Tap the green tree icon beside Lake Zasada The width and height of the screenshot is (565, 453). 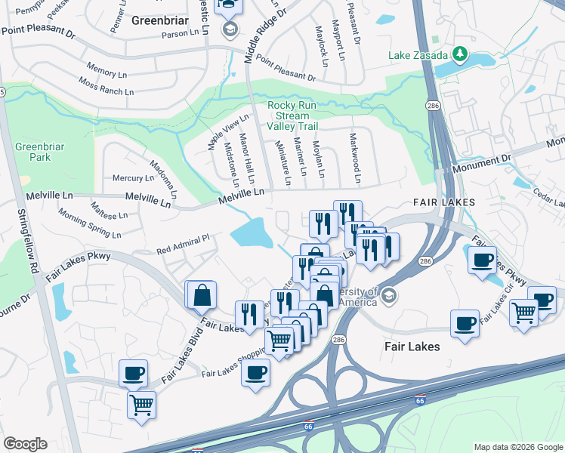(458, 54)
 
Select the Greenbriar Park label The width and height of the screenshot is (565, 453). (33, 152)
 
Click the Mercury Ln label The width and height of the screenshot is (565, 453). (132, 178)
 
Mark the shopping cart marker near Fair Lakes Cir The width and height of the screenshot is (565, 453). (523, 311)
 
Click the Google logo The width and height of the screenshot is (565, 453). (25, 444)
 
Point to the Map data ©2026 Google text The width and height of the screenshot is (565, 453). (517, 447)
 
